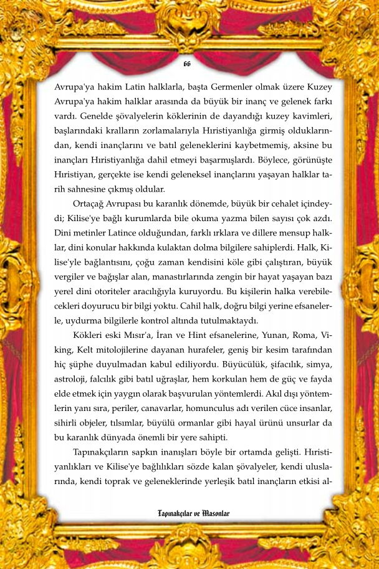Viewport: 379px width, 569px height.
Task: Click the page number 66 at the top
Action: [188, 64]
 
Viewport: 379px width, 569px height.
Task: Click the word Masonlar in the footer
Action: [216, 514]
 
